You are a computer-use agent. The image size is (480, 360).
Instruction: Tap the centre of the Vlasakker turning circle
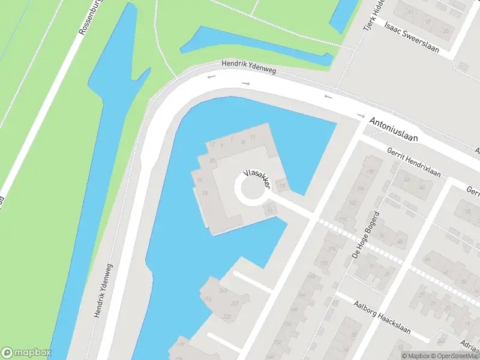[253, 190]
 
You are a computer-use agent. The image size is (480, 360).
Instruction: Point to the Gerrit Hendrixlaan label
[414, 163]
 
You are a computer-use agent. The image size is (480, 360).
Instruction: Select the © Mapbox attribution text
[418, 356]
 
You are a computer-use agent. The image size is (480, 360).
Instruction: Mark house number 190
[370, 172]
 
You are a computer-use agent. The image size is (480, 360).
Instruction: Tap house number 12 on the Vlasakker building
[212, 145]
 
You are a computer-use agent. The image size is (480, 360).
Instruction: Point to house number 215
[208, 299]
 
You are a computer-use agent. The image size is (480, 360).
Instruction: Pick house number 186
[361, 188]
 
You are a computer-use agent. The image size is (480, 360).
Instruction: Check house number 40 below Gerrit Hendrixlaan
[422, 187]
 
